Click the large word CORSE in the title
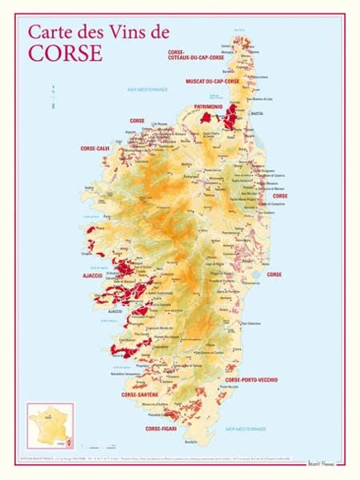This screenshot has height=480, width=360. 66,53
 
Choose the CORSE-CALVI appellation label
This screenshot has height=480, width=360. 95,148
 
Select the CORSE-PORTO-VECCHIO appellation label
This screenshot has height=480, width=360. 251,378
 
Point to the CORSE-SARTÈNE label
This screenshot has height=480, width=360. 140,394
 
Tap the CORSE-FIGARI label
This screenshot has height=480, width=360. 160,430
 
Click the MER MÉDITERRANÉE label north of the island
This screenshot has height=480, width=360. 148,90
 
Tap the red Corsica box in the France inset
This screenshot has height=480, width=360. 66,439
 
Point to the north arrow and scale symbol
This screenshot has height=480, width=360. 50,94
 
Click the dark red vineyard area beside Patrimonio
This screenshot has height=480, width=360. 231,118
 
